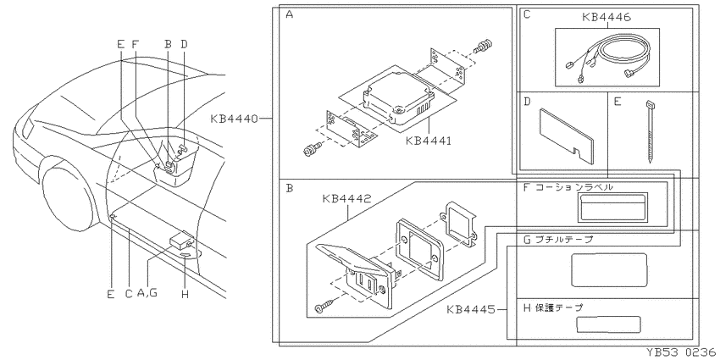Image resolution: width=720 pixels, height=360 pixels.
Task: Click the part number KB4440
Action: (234, 119)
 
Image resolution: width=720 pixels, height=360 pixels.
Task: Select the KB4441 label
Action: (429, 141)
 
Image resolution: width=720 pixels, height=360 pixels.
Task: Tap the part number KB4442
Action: (346, 199)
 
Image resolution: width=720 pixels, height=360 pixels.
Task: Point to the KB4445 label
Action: (471, 309)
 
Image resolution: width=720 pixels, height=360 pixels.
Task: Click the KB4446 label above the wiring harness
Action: (606, 18)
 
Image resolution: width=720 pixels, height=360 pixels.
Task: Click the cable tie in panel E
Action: (651, 130)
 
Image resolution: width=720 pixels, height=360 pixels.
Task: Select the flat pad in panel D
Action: (567, 136)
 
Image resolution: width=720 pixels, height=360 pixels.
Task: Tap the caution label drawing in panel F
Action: (612, 208)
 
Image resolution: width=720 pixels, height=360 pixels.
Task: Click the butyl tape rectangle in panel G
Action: (609, 269)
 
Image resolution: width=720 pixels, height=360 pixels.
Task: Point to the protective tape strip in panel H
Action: (608, 324)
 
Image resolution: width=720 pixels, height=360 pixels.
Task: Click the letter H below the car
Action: (185, 294)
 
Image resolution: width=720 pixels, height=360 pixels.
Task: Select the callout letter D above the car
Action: (184, 45)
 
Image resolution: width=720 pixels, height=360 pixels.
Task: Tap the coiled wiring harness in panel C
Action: (606, 57)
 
